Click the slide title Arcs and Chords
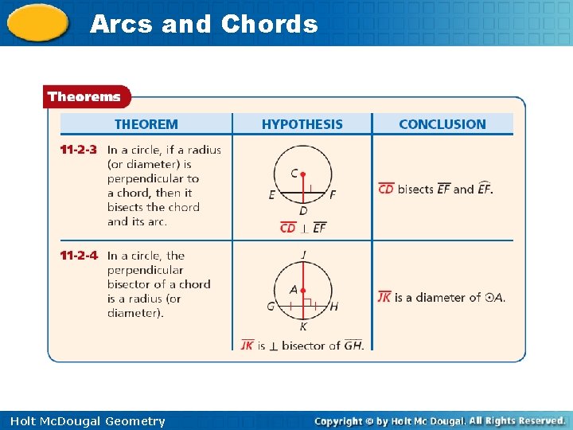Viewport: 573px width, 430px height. coord(204,24)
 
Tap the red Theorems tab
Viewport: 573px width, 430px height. coord(84,97)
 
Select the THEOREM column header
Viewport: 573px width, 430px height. coord(146,124)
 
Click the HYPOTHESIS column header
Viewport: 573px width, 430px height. coord(302,124)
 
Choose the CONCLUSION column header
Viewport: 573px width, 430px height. coord(442,124)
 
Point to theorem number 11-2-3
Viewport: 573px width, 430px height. coord(79,150)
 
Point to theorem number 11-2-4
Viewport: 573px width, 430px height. coord(79,256)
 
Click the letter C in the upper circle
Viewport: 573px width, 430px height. coord(294,174)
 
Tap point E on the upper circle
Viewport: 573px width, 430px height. coord(272,194)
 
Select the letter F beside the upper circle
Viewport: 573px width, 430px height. coord(332,194)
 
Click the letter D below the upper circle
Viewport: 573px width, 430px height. coord(303,211)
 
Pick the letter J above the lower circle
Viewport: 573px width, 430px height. coord(303,255)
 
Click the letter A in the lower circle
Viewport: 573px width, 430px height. coord(294,291)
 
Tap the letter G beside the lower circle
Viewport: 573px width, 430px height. coord(271,307)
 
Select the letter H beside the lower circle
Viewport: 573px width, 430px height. coord(333,307)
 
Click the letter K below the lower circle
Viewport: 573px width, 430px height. coord(303,326)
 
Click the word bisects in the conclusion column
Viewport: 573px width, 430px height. coord(415,190)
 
